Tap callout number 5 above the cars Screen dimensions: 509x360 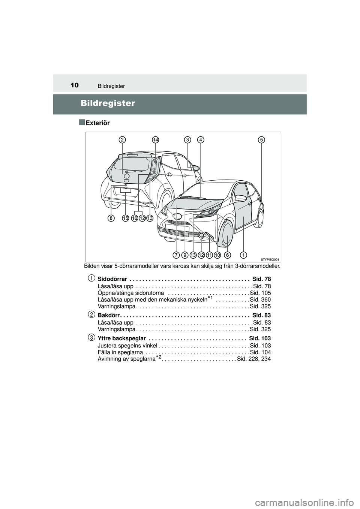[261, 140]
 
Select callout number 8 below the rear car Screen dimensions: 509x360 [111, 218]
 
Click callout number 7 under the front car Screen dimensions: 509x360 [176, 255]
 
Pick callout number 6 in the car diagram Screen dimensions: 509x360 [227, 255]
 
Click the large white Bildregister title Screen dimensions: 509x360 [107, 103]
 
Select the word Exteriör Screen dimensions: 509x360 [97, 123]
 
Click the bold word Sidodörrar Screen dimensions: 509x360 [112, 279]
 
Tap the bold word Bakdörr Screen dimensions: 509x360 [108, 315]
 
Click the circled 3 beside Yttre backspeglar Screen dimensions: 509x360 [91, 337]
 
